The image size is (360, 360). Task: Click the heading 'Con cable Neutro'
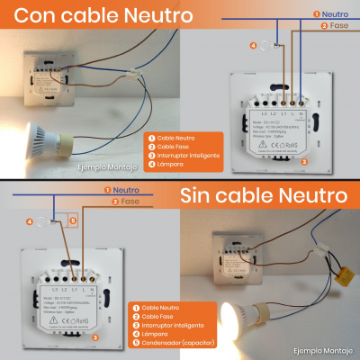104,16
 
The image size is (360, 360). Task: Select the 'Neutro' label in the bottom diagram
125,190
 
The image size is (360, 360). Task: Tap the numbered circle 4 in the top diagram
253,45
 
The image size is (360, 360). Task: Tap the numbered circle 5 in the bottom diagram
75,219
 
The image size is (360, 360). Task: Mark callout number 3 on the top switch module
303,161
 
